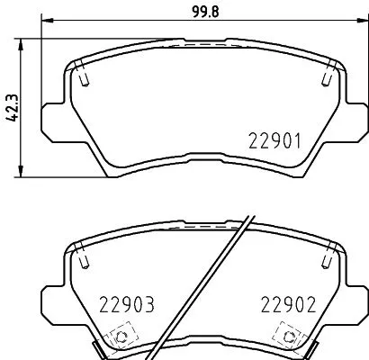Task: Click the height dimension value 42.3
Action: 11,107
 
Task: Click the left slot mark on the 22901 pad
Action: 83,79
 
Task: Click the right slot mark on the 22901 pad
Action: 324,79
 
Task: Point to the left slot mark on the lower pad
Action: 83,259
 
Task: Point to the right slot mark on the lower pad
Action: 324,259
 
